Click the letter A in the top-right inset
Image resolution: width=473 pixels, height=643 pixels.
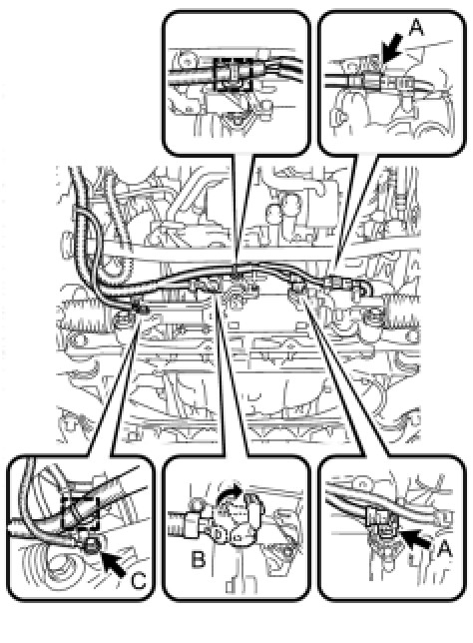(415, 28)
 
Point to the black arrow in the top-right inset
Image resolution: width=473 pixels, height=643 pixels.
(391, 47)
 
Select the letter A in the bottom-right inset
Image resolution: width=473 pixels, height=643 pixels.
(444, 549)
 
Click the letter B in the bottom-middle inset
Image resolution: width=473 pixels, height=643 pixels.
(199, 559)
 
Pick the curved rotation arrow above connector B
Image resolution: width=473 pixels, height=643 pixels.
(229, 491)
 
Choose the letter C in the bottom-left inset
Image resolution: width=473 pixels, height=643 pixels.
(139, 581)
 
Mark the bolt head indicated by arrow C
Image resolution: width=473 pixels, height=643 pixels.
(91, 545)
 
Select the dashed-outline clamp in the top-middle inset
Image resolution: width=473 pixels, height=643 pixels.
(232, 74)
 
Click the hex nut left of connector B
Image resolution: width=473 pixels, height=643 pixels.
(192, 525)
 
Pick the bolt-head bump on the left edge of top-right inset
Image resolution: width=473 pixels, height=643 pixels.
(338, 117)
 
